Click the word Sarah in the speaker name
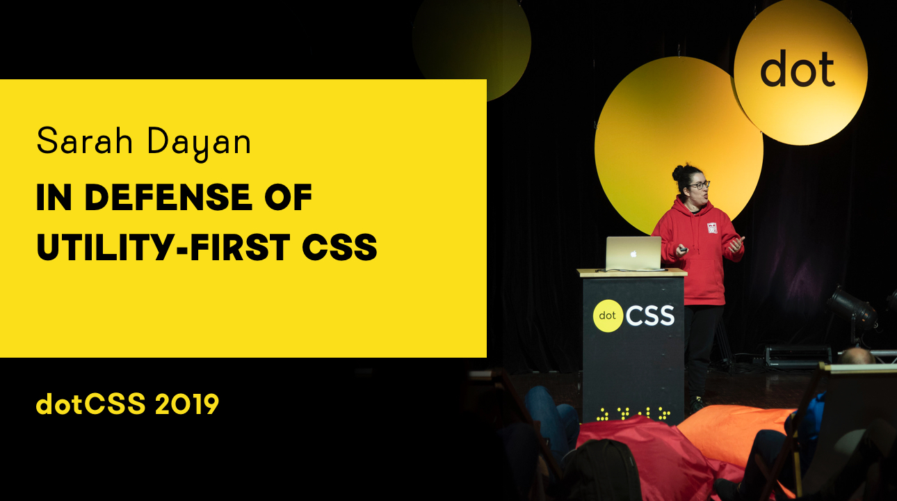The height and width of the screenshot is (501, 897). (85, 141)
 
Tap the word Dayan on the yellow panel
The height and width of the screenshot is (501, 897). (199, 143)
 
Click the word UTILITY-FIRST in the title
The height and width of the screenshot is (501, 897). (163, 247)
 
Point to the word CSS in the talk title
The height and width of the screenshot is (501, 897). (339, 247)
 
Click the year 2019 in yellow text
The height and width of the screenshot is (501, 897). (186, 404)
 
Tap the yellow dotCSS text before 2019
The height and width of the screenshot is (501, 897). (91, 404)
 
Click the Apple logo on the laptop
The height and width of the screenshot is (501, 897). (633, 254)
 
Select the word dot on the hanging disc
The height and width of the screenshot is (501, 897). (798, 69)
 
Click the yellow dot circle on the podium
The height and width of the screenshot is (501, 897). (608, 316)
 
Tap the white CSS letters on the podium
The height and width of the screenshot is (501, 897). (650, 316)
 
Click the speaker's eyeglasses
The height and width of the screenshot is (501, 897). (699, 185)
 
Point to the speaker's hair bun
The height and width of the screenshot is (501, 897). (678, 173)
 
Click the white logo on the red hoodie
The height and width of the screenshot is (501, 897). (712, 228)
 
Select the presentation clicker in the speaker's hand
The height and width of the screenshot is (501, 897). (683, 250)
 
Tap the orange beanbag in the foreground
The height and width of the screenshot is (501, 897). (737, 435)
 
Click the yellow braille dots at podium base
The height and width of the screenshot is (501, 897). (633, 413)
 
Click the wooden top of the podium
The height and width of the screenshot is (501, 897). (632, 273)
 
